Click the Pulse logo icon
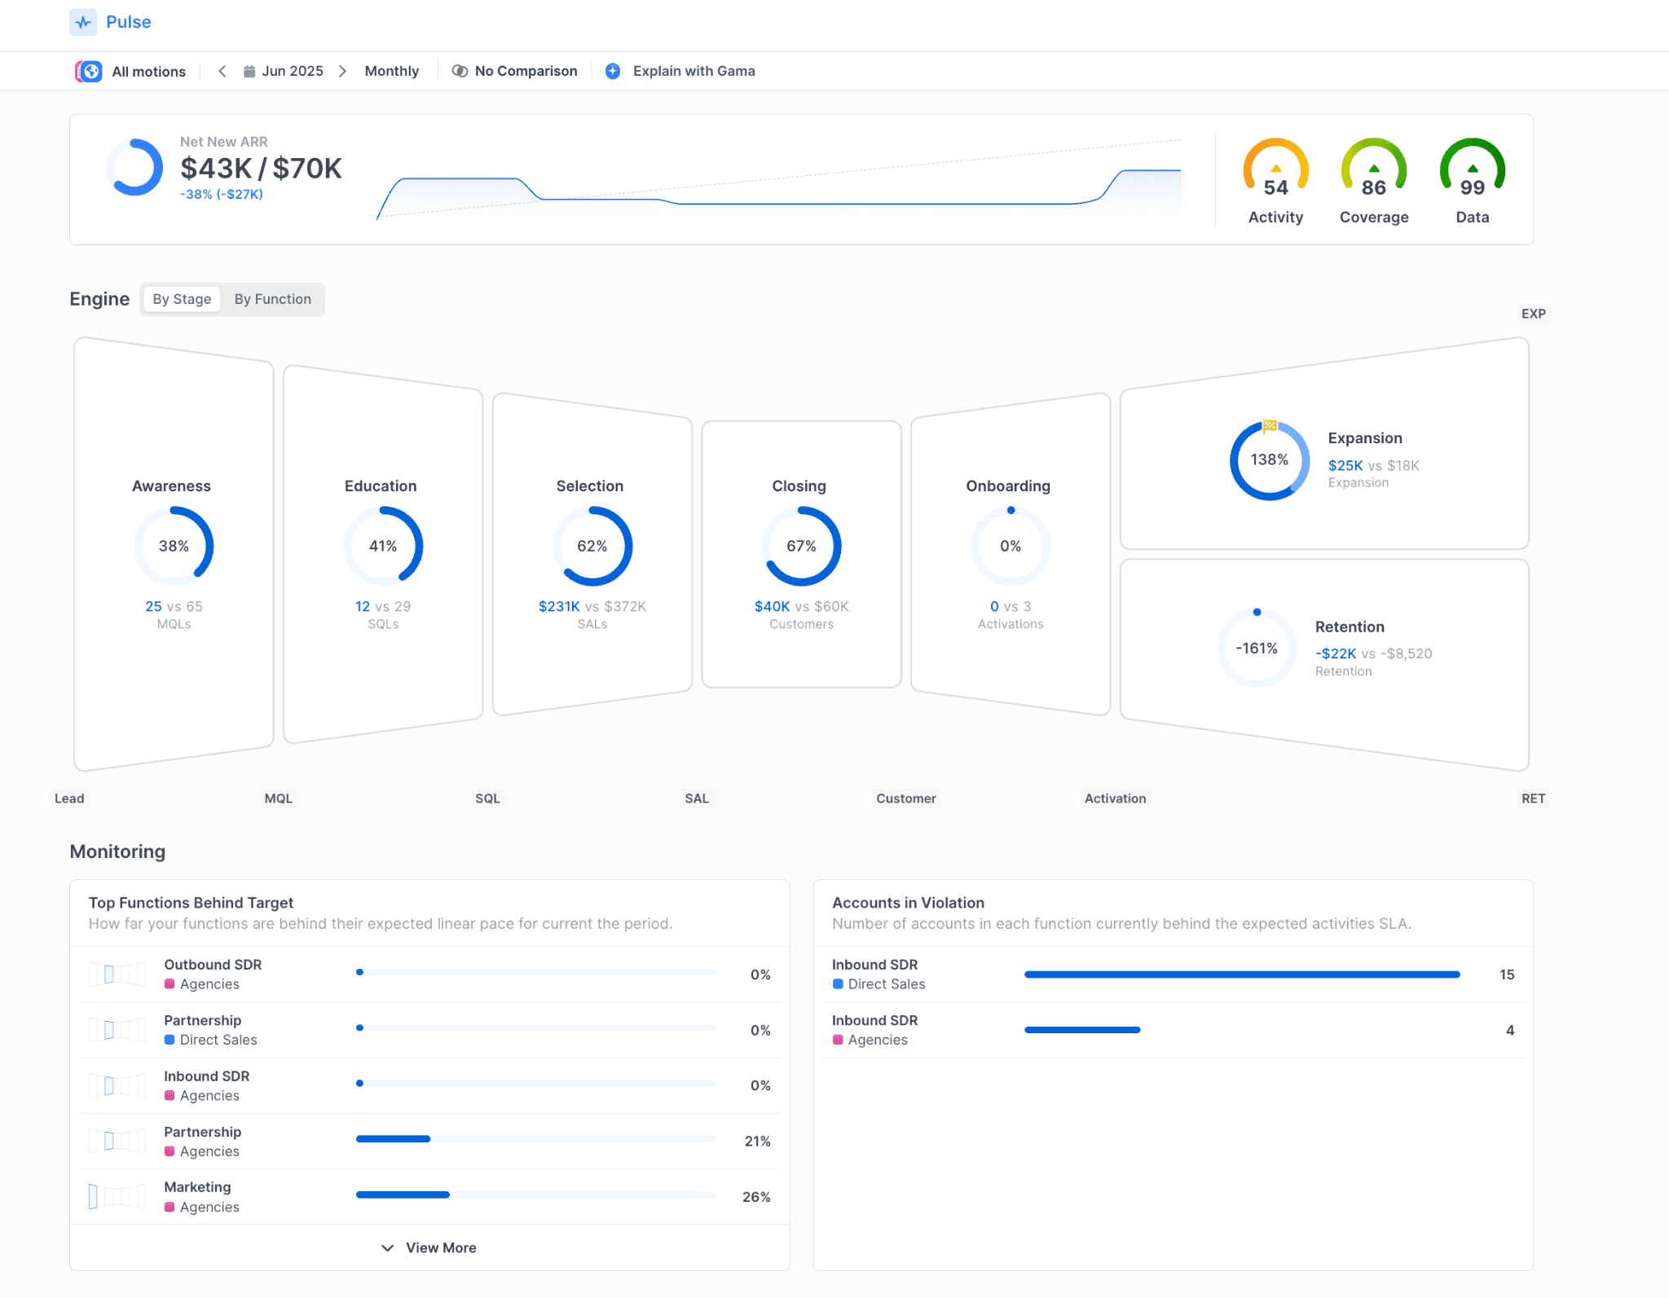83,22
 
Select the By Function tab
272,299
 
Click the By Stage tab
182,299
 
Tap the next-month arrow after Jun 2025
343,71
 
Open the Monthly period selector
391,71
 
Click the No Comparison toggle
515,71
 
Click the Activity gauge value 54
1275,187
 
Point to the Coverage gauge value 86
1373,187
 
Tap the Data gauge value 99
1472,187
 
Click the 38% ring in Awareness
174,546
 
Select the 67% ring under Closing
801,546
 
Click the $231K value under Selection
559,606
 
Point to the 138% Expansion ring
1269,460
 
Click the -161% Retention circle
1256,649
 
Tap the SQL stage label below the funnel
487,799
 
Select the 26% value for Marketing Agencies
755,1197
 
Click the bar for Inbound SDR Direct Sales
1241,975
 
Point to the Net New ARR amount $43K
216,169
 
